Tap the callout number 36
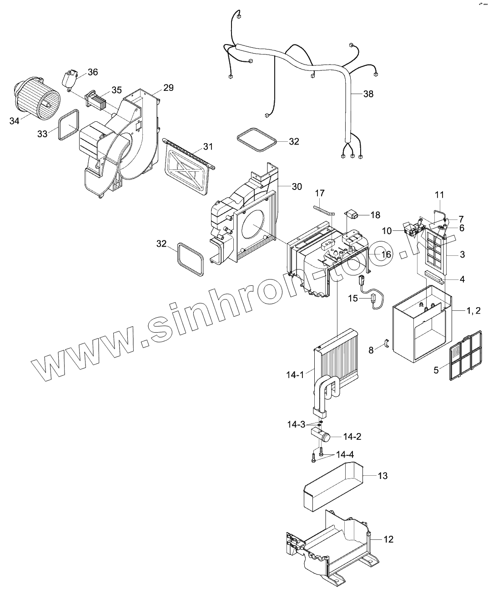coord(93,72)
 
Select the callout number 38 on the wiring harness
coord(368,94)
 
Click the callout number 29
coord(168,88)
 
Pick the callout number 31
coord(208,146)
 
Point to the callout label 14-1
coord(295,375)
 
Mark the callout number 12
coord(388,539)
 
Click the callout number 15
coord(353,299)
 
